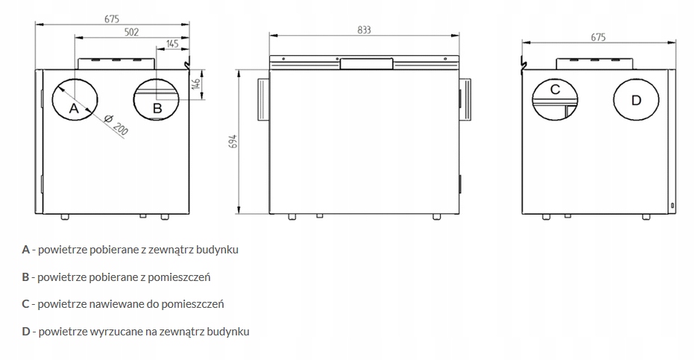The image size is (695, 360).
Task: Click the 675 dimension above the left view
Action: click(110, 19)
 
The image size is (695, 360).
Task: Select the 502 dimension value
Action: click(130, 31)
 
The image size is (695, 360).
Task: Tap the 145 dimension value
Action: click(172, 44)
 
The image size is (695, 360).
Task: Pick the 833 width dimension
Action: click(364, 30)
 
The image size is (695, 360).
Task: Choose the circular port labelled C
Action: click(555, 99)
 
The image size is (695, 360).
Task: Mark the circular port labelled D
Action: click(635, 99)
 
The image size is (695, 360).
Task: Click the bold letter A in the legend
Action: click(26, 250)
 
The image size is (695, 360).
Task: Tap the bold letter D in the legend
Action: click(26, 331)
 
